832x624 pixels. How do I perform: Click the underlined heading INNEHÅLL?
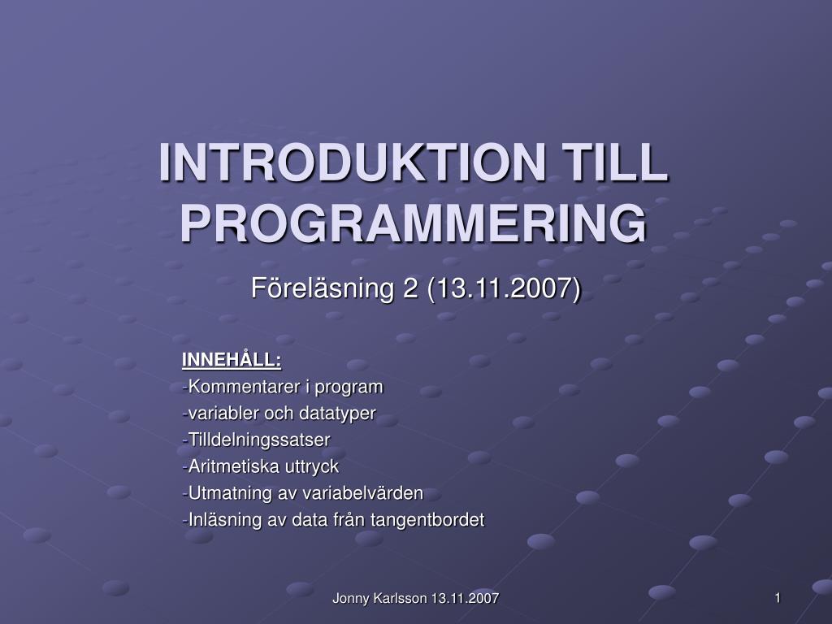232,360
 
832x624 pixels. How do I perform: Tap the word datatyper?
337,413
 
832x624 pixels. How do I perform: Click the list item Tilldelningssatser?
258,440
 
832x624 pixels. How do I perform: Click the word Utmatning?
226,493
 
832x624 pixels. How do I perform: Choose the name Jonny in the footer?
351,599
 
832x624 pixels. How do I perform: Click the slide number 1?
778,599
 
